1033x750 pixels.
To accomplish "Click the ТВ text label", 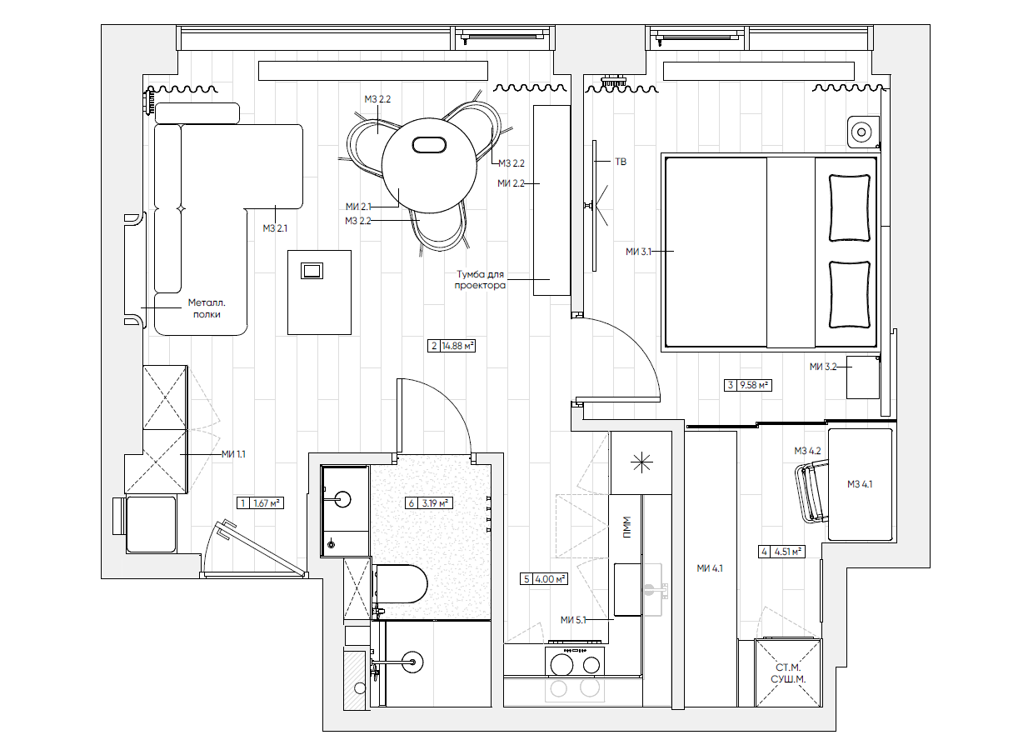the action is coord(621,162).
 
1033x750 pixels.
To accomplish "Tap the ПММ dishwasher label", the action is coord(626,527).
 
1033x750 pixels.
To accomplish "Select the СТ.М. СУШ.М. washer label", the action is coord(788,673).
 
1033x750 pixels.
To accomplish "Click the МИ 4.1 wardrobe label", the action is coord(710,568).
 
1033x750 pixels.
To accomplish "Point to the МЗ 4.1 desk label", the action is coord(860,484).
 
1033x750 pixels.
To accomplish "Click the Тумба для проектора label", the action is coord(480,279).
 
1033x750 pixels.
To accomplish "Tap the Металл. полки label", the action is coord(207,308).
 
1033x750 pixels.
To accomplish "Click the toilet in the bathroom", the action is coord(400,583).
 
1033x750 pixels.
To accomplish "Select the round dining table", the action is coord(429,165).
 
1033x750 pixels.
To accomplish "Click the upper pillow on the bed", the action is coord(850,207).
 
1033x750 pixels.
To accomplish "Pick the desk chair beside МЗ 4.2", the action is coord(811,493).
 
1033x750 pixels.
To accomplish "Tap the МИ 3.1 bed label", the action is coord(638,252).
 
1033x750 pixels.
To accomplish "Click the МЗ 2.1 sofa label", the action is coord(275,227).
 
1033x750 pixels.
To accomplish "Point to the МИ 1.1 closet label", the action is coord(233,454).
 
